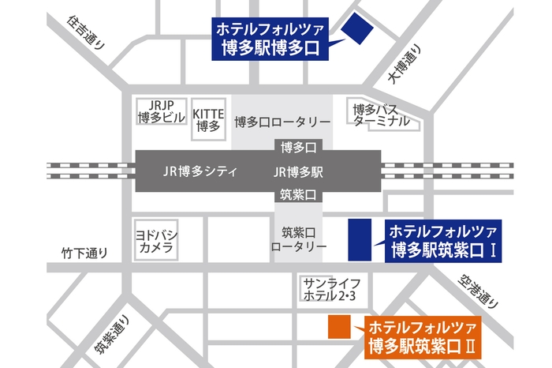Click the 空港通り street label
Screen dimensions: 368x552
coord(479,291)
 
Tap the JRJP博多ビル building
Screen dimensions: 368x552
coord(161,113)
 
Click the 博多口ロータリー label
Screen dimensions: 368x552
coord(282,122)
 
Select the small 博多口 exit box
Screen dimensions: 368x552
coord(298,148)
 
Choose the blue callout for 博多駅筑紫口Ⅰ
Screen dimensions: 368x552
coord(442,242)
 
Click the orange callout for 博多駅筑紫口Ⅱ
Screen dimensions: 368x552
coord(422,336)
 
